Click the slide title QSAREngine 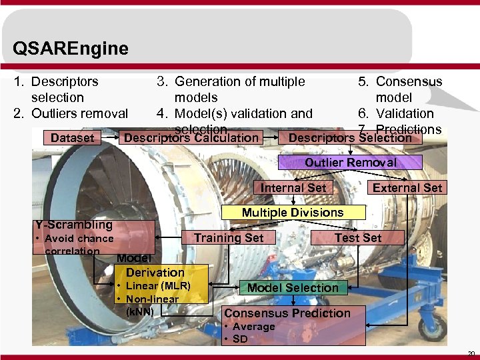coord(70,49)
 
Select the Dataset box coord(73,138)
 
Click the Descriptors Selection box coord(350,138)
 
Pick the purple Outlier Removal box coord(350,163)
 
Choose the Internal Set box coord(293,188)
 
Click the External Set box coord(407,188)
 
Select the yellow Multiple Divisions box coord(293,213)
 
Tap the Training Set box coord(229,238)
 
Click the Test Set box coord(358,237)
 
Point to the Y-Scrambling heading coord(74,225)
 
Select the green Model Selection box coord(293,288)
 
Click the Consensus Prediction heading coord(287,313)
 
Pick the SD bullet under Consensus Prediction coord(239,339)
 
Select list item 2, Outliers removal coord(71,113)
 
